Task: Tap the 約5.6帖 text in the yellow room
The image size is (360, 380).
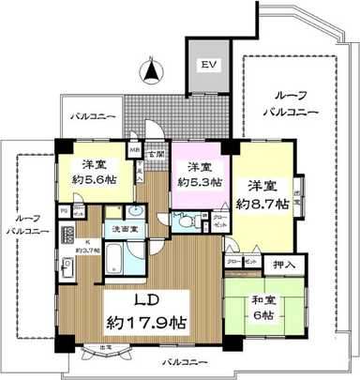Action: coord(91,182)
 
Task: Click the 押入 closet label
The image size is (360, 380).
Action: coord(281,266)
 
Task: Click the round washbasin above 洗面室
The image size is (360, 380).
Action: coord(138,210)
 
